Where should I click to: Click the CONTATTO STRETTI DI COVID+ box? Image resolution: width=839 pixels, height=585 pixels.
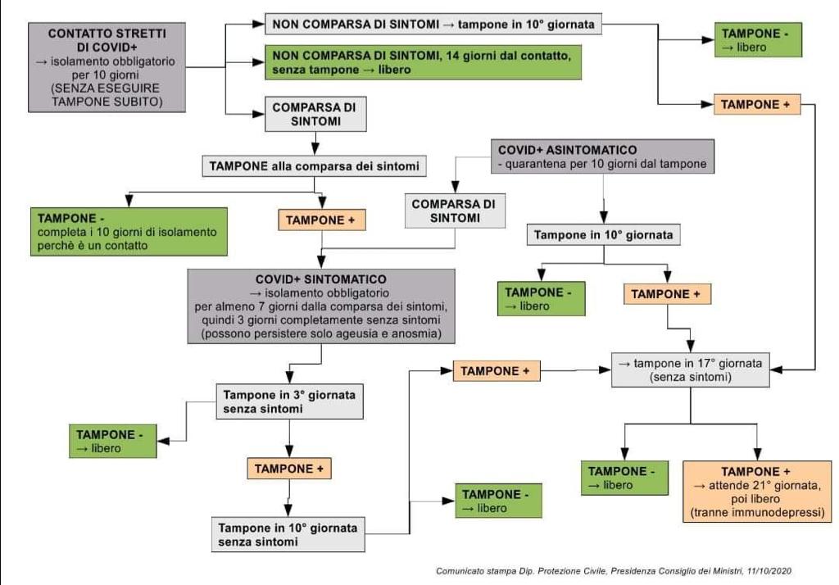click(x=107, y=67)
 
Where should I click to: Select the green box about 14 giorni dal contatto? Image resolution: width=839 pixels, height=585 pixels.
click(x=424, y=62)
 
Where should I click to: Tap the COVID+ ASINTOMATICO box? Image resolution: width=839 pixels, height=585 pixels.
click(x=602, y=156)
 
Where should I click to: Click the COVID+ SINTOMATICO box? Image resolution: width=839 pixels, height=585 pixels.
click(x=321, y=306)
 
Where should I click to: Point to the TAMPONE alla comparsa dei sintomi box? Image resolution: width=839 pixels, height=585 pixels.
click(x=314, y=166)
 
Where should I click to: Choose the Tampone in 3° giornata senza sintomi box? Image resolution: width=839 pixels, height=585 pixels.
click(x=289, y=401)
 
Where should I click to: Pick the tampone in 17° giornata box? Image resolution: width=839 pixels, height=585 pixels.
click(x=690, y=370)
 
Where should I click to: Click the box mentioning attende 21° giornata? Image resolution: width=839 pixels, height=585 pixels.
click(x=757, y=492)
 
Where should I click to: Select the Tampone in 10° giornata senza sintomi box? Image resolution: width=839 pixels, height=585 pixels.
click(x=288, y=534)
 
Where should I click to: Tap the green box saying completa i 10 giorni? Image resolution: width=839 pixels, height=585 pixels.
click(x=129, y=232)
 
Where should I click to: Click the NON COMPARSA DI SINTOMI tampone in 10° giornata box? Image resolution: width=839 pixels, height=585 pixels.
click(x=433, y=24)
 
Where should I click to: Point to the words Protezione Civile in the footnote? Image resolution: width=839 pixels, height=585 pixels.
click(x=572, y=571)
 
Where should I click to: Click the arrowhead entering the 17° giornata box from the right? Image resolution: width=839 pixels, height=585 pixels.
click(x=777, y=370)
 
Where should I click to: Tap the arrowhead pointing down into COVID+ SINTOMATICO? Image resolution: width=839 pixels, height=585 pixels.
click(x=321, y=262)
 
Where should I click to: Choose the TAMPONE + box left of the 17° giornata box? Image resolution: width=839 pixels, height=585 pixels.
click(x=497, y=371)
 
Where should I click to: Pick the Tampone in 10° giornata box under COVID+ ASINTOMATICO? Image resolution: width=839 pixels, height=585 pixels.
click(x=604, y=235)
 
